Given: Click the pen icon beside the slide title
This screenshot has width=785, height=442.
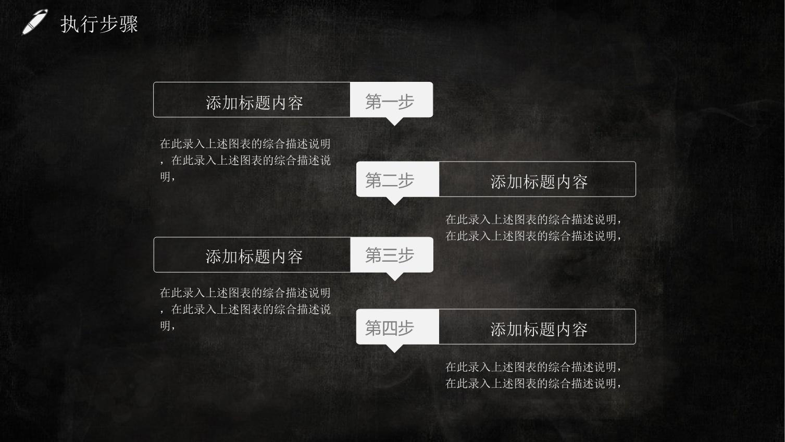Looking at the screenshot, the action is pyautogui.click(x=34, y=22).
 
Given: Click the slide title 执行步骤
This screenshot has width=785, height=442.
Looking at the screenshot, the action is pyautogui.click(x=99, y=24).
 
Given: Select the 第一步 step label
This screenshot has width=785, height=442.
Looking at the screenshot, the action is pyautogui.click(x=390, y=102).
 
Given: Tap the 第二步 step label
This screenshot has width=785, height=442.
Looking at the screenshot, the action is pyautogui.click(x=390, y=180).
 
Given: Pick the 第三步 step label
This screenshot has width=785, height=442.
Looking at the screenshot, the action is pyautogui.click(x=390, y=255).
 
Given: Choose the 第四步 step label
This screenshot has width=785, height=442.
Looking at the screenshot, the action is pyautogui.click(x=390, y=328).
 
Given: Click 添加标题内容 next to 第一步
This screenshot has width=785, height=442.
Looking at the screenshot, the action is pyautogui.click(x=254, y=103).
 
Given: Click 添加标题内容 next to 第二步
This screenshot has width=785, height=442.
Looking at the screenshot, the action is pyautogui.click(x=539, y=181).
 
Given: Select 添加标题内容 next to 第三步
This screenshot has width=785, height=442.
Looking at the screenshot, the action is pyautogui.click(x=254, y=256).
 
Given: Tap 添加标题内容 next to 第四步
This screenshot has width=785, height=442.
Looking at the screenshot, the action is pyautogui.click(x=539, y=329).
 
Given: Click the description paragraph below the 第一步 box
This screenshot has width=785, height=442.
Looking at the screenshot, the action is pyautogui.click(x=245, y=160).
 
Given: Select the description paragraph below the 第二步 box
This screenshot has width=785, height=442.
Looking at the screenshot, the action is pyautogui.click(x=533, y=227).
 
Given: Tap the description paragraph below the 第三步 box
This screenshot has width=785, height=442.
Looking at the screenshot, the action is pyautogui.click(x=245, y=309).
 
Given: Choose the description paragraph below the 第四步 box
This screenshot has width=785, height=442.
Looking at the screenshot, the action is pyautogui.click(x=533, y=375).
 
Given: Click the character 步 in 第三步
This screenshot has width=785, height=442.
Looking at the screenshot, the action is pyautogui.click(x=406, y=255).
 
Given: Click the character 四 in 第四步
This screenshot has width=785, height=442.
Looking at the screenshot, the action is pyautogui.click(x=390, y=328).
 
